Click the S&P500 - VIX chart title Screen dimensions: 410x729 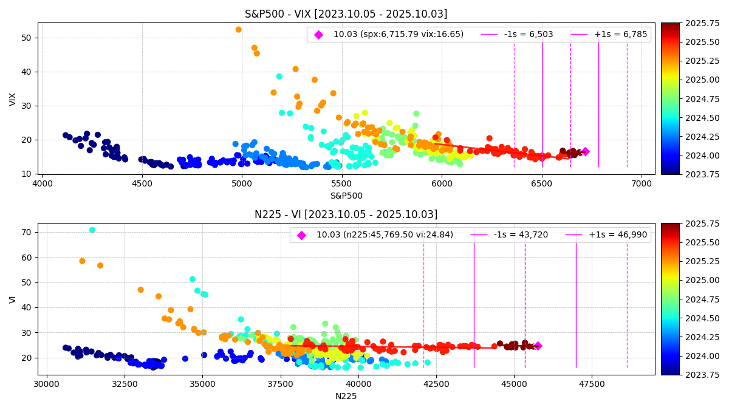pyautogui.click(x=346, y=14)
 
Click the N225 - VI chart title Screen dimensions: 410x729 pyautogui.click(x=346, y=214)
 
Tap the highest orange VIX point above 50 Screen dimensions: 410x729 pyautogui.click(x=238, y=29)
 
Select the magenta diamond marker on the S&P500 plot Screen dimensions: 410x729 pyautogui.click(x=585, y=151)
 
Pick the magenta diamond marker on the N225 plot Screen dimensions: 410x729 pyautogui.click(x=537, y=346)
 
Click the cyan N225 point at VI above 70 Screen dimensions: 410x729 pyautogui.click(x=92, y=230)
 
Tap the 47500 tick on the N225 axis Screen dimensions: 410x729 pyautogui.click(x=592, y=384)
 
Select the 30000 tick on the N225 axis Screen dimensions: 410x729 pyautogui.click(x=46, y=384)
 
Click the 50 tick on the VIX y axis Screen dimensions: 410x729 pyautogui.click(x=27, y=38)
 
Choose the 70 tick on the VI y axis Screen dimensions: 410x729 pyautogui.click(x=27, y=232)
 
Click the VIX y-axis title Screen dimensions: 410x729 pyautogui.click(x=13, y=99)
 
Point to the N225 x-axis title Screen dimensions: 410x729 pyautogui.click(x=346, y=396)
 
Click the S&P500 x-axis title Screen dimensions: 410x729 pyautogui.click(x=346, y=196)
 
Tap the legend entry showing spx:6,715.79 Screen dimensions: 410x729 pyautogui.click(x=398, y=35)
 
